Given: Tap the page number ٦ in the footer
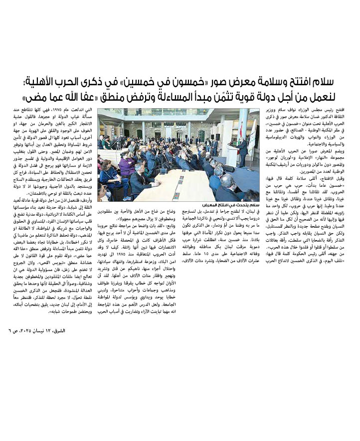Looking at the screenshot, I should pos(10,330).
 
